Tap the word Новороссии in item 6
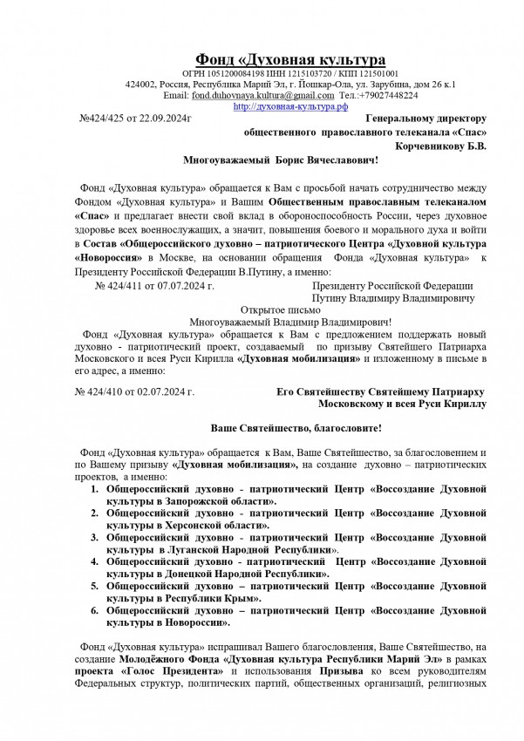(x=199, y=623)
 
